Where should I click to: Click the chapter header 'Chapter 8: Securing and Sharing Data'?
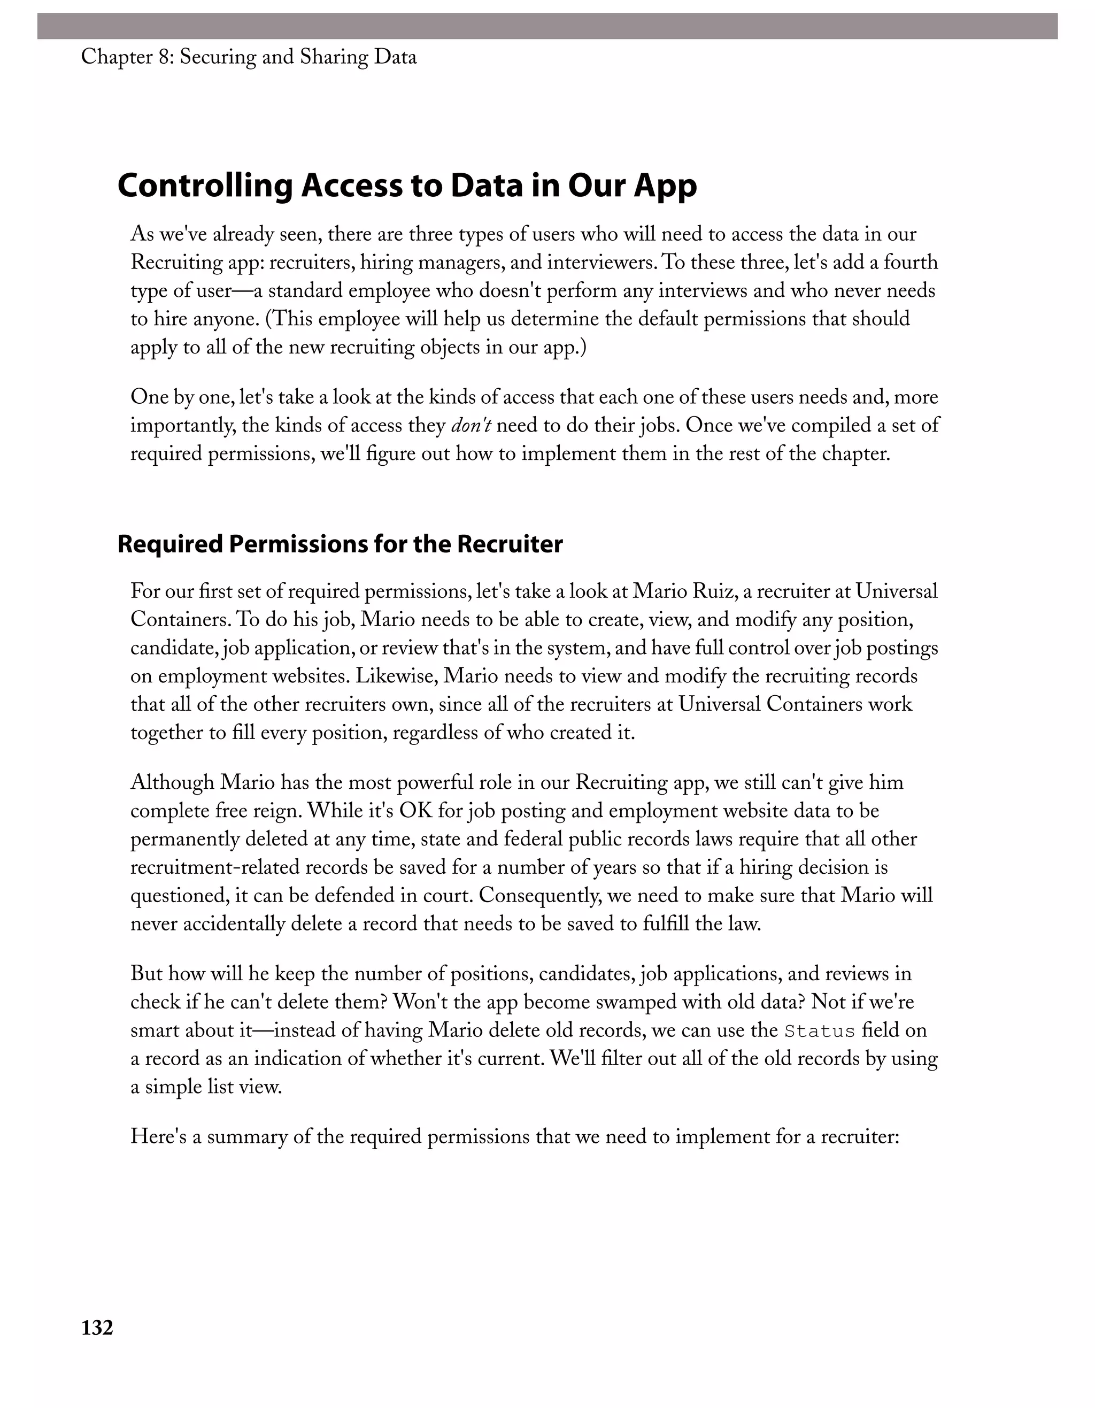coord(249,57)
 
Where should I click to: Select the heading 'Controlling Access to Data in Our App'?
coord(407,186)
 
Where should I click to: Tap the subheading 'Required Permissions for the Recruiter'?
coord(340,544)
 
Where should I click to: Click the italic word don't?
coord(471,426)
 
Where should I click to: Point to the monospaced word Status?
coord(819,1031)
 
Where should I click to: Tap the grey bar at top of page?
coord(547,26)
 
